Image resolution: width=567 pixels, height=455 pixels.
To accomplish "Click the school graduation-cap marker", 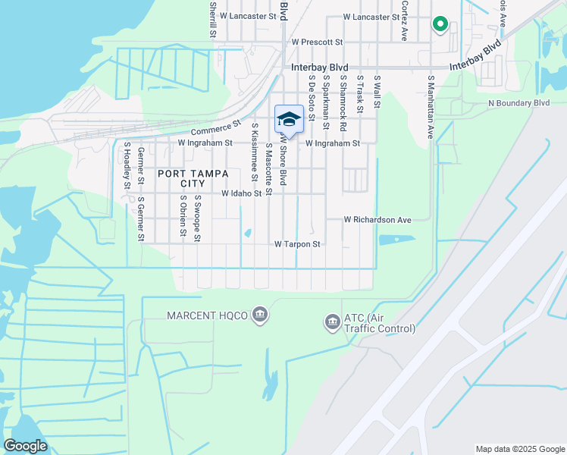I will (x=288, y=119).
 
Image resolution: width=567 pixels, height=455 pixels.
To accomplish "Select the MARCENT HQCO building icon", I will (x=259, y=315).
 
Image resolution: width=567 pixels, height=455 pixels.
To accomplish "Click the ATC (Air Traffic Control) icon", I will (x=331, y=322).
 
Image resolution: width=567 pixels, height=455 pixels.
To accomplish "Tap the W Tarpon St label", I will (x=298, y=244).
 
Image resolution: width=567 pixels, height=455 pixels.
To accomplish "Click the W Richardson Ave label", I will (x=377, y=220).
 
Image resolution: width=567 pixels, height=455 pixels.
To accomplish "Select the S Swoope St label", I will (x=197, y=218).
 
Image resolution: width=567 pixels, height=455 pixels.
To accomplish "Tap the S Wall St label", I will (x=376, y=90).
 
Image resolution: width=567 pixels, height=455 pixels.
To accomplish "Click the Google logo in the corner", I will (x=25, y=446).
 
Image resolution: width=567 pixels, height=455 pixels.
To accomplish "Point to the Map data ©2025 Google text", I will (x=519, y=449).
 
